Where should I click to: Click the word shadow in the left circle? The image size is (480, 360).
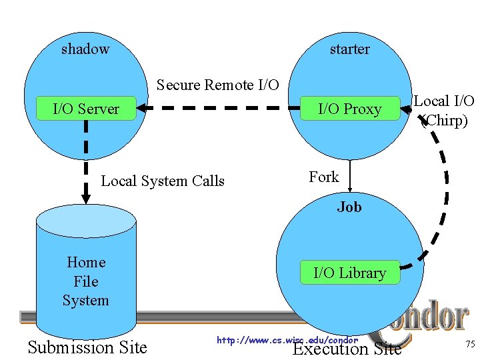[85, 49]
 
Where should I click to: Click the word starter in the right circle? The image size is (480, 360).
[349, 49]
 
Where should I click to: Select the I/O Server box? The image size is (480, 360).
[86, 109]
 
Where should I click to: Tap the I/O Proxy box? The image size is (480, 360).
[349, 109]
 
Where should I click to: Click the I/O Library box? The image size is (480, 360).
[349, 273]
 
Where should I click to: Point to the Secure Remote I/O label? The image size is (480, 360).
[217, 85]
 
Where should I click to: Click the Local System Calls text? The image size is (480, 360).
[163, 181]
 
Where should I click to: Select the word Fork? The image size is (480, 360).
[324, 177]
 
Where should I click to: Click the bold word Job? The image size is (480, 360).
[349, 207]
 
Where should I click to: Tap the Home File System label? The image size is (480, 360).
[86, 281]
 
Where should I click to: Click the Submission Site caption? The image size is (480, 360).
[87, 347]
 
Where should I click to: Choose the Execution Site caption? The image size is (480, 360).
[347, 349]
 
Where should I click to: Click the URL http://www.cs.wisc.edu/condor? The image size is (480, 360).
[287, 340]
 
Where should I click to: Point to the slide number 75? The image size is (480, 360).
[470, 344]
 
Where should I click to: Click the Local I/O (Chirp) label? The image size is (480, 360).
[444, 110]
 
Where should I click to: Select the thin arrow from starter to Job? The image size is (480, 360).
[350, 177]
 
